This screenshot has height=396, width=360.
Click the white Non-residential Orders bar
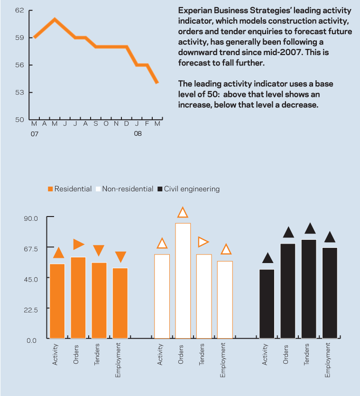pyautogui.click(x=183, y=280)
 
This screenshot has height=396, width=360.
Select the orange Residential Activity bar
pyautogui.click(x=57, y=301)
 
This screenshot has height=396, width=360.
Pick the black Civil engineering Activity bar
pyautogui.click(x=267, y=304)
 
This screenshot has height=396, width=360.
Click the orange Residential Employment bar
pyautogui.click(x=120, y=303)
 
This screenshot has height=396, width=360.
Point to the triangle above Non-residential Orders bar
pyautogui.click(x=183, y=212)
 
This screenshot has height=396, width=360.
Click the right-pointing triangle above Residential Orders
pyautogui.click(x=78, y=244)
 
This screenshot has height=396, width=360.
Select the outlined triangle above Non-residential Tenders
pyautogui.click(x=203, y=242)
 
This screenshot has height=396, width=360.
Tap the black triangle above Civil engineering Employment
pyautogui.click(x=330, y=237)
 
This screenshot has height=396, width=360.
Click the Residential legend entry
pyautogui.click(x=70, y=189)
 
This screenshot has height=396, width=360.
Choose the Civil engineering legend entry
pyautogui.click(x=188, y=189)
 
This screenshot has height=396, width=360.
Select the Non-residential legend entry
pyautogui.click(x=124, y=189)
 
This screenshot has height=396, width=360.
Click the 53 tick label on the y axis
pyautogui.click(x=19, y=92)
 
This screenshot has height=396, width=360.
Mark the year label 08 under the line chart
pyautogui.click(x=138, y=134)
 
